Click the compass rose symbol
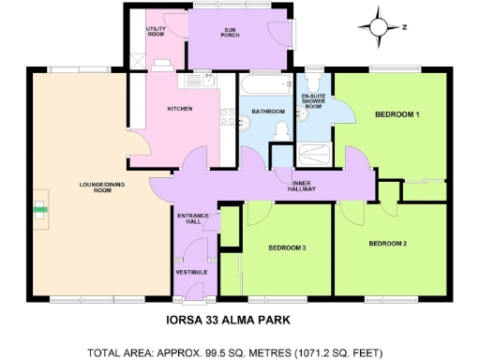click(x=382, y=27)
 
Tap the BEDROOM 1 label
click(x=397, y=114)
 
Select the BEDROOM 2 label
click(x=387, y=243)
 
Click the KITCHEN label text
click(x=180, y=109)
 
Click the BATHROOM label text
click(x=267, y=112)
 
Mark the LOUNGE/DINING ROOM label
click(x=90, y=187)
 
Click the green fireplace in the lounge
click(x=39, y=207)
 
